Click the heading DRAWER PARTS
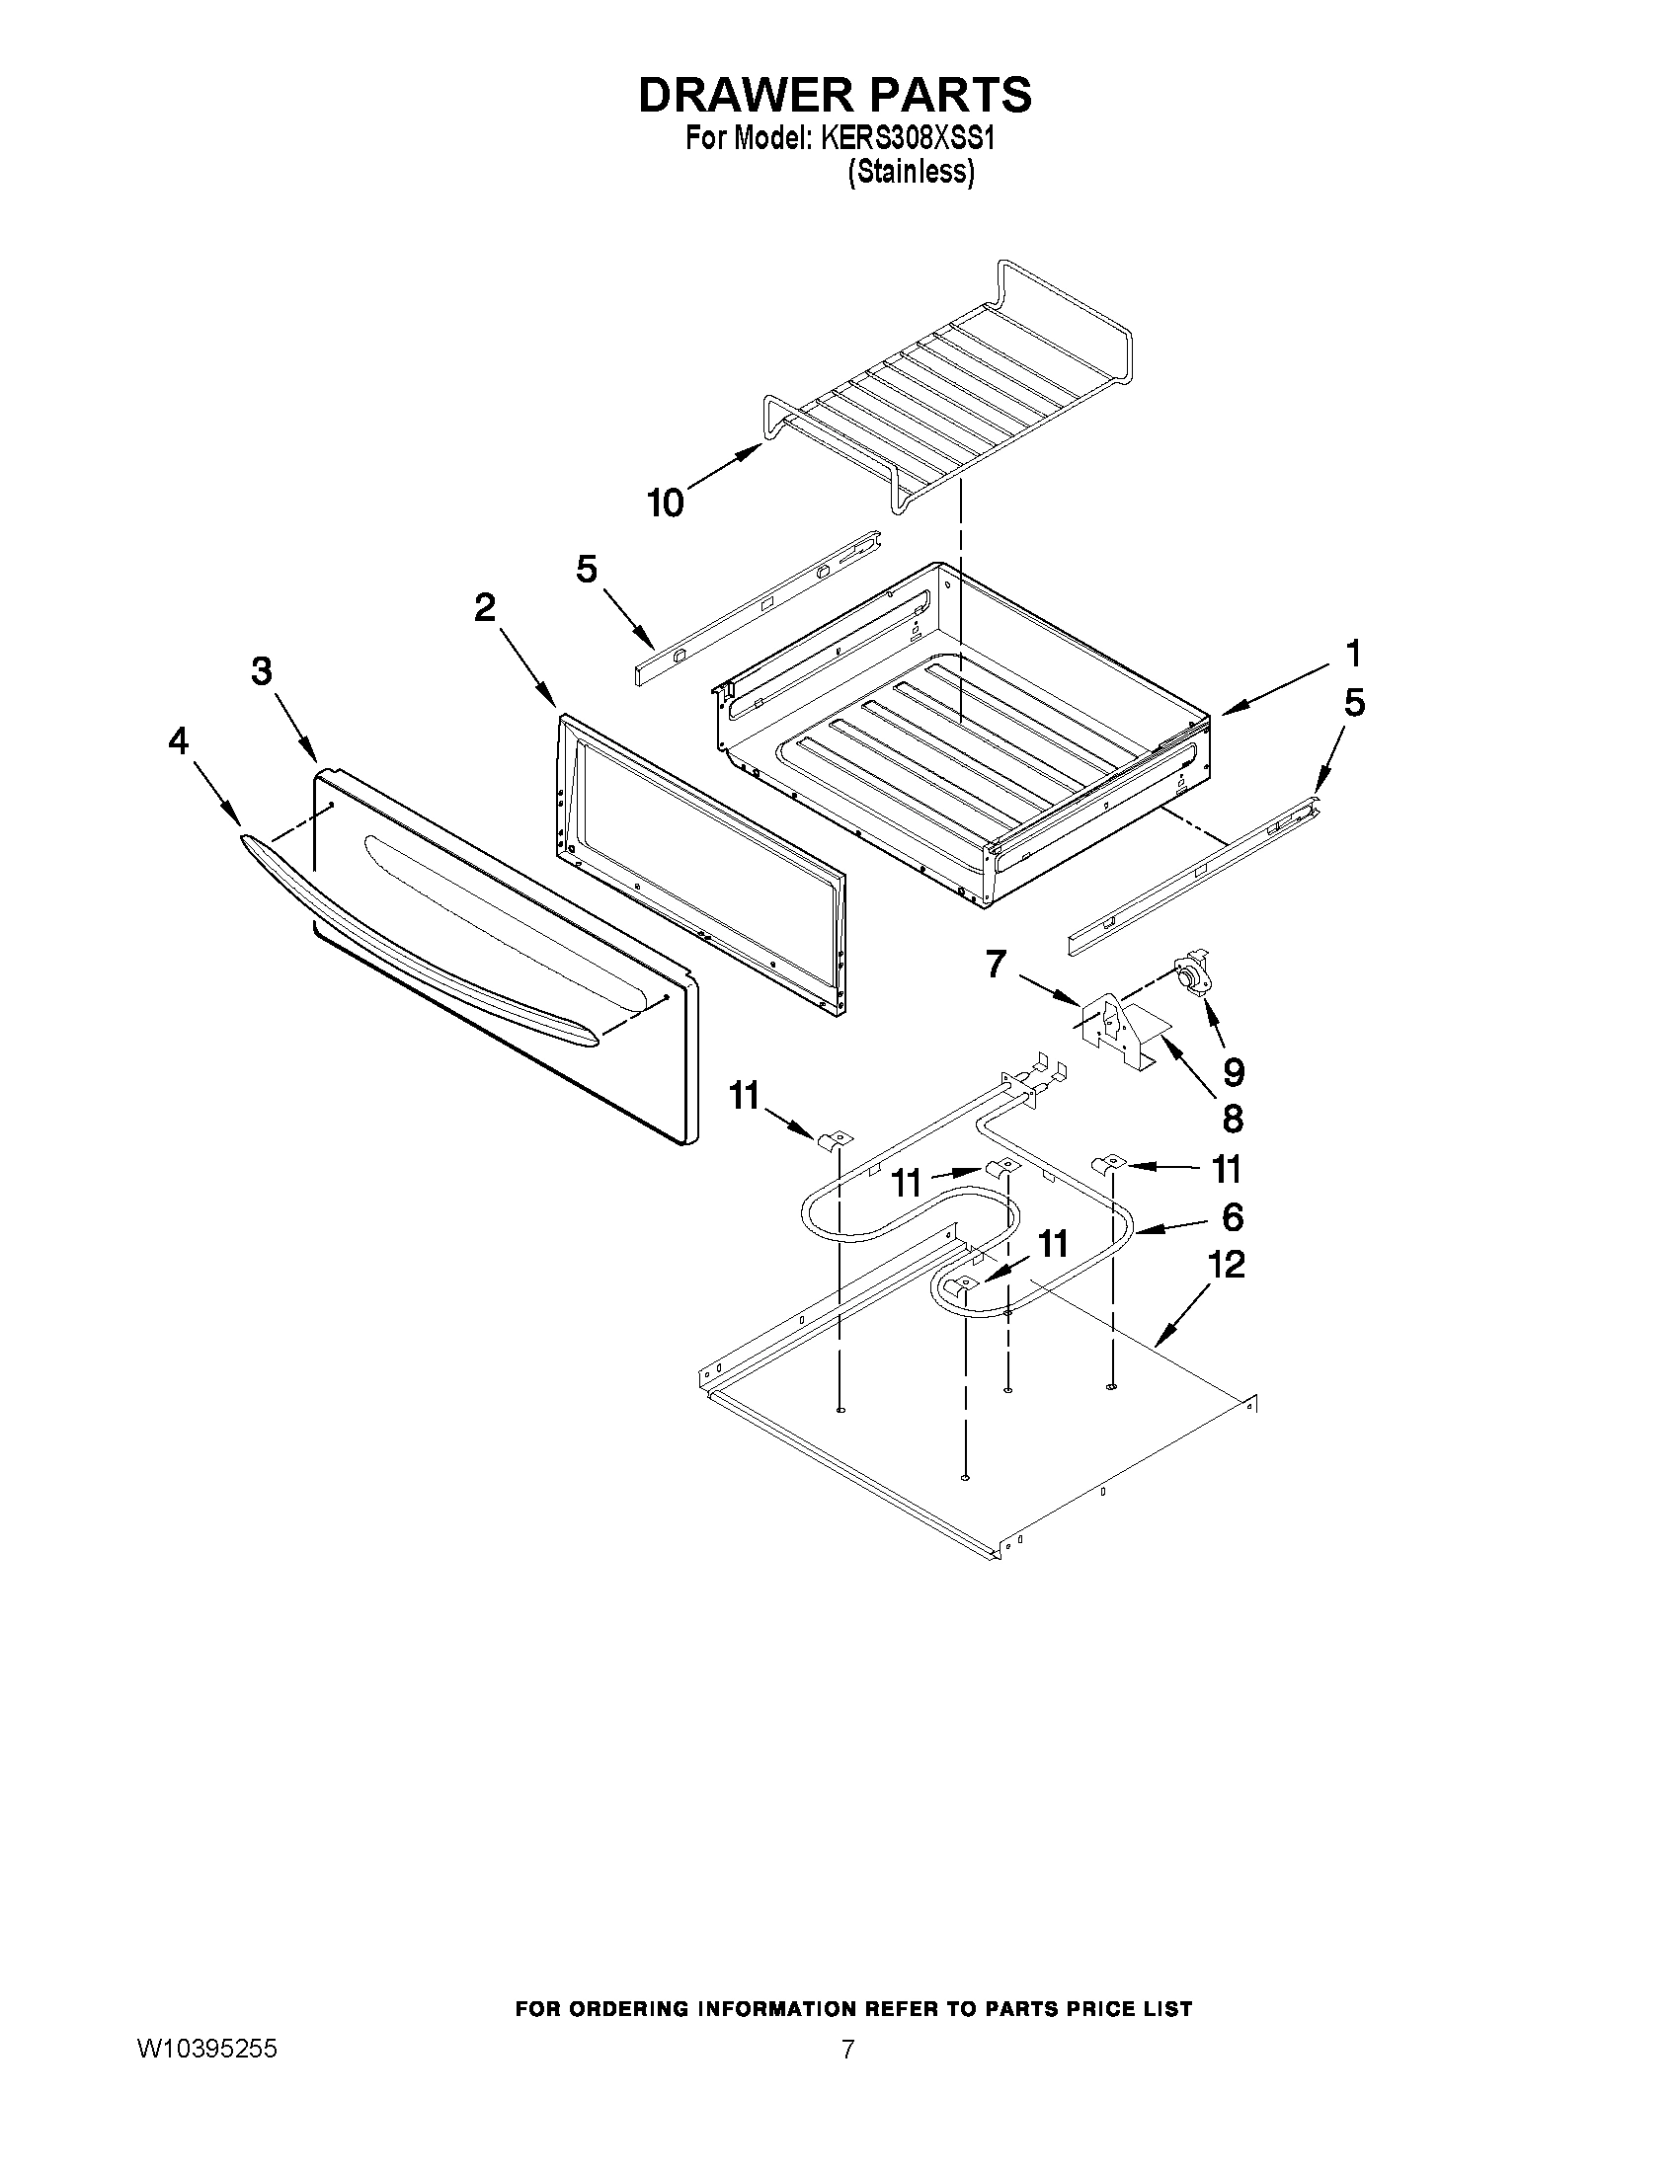[x=834, y=95]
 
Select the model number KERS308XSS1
[x=908, y=138]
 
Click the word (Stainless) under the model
[x=911, y=172]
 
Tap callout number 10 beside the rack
[x=666, y=504]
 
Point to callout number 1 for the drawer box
[x=1352, y=654]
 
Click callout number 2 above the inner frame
[x=485, y=606]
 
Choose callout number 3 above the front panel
[x=261, y=671]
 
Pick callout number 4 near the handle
[x=178, y=740]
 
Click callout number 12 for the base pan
[x=1226, y=1265]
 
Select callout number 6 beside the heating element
[x=1233, y=1216]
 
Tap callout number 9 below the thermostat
[x=1234, y=1071]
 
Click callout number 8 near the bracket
[x=1233, y=1120]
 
